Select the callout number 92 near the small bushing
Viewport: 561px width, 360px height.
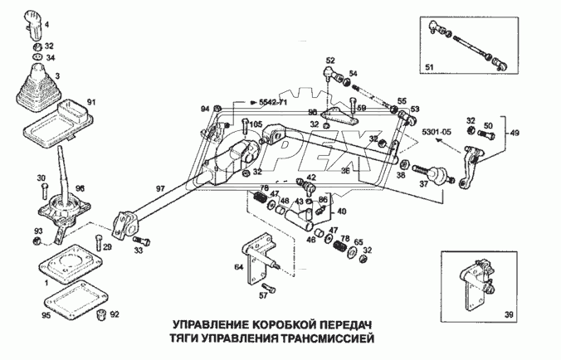click(x=114, y=315)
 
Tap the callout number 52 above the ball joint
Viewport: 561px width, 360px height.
click(x=329, y=60)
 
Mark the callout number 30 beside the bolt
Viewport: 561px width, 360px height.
click(x=41, y=178)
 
